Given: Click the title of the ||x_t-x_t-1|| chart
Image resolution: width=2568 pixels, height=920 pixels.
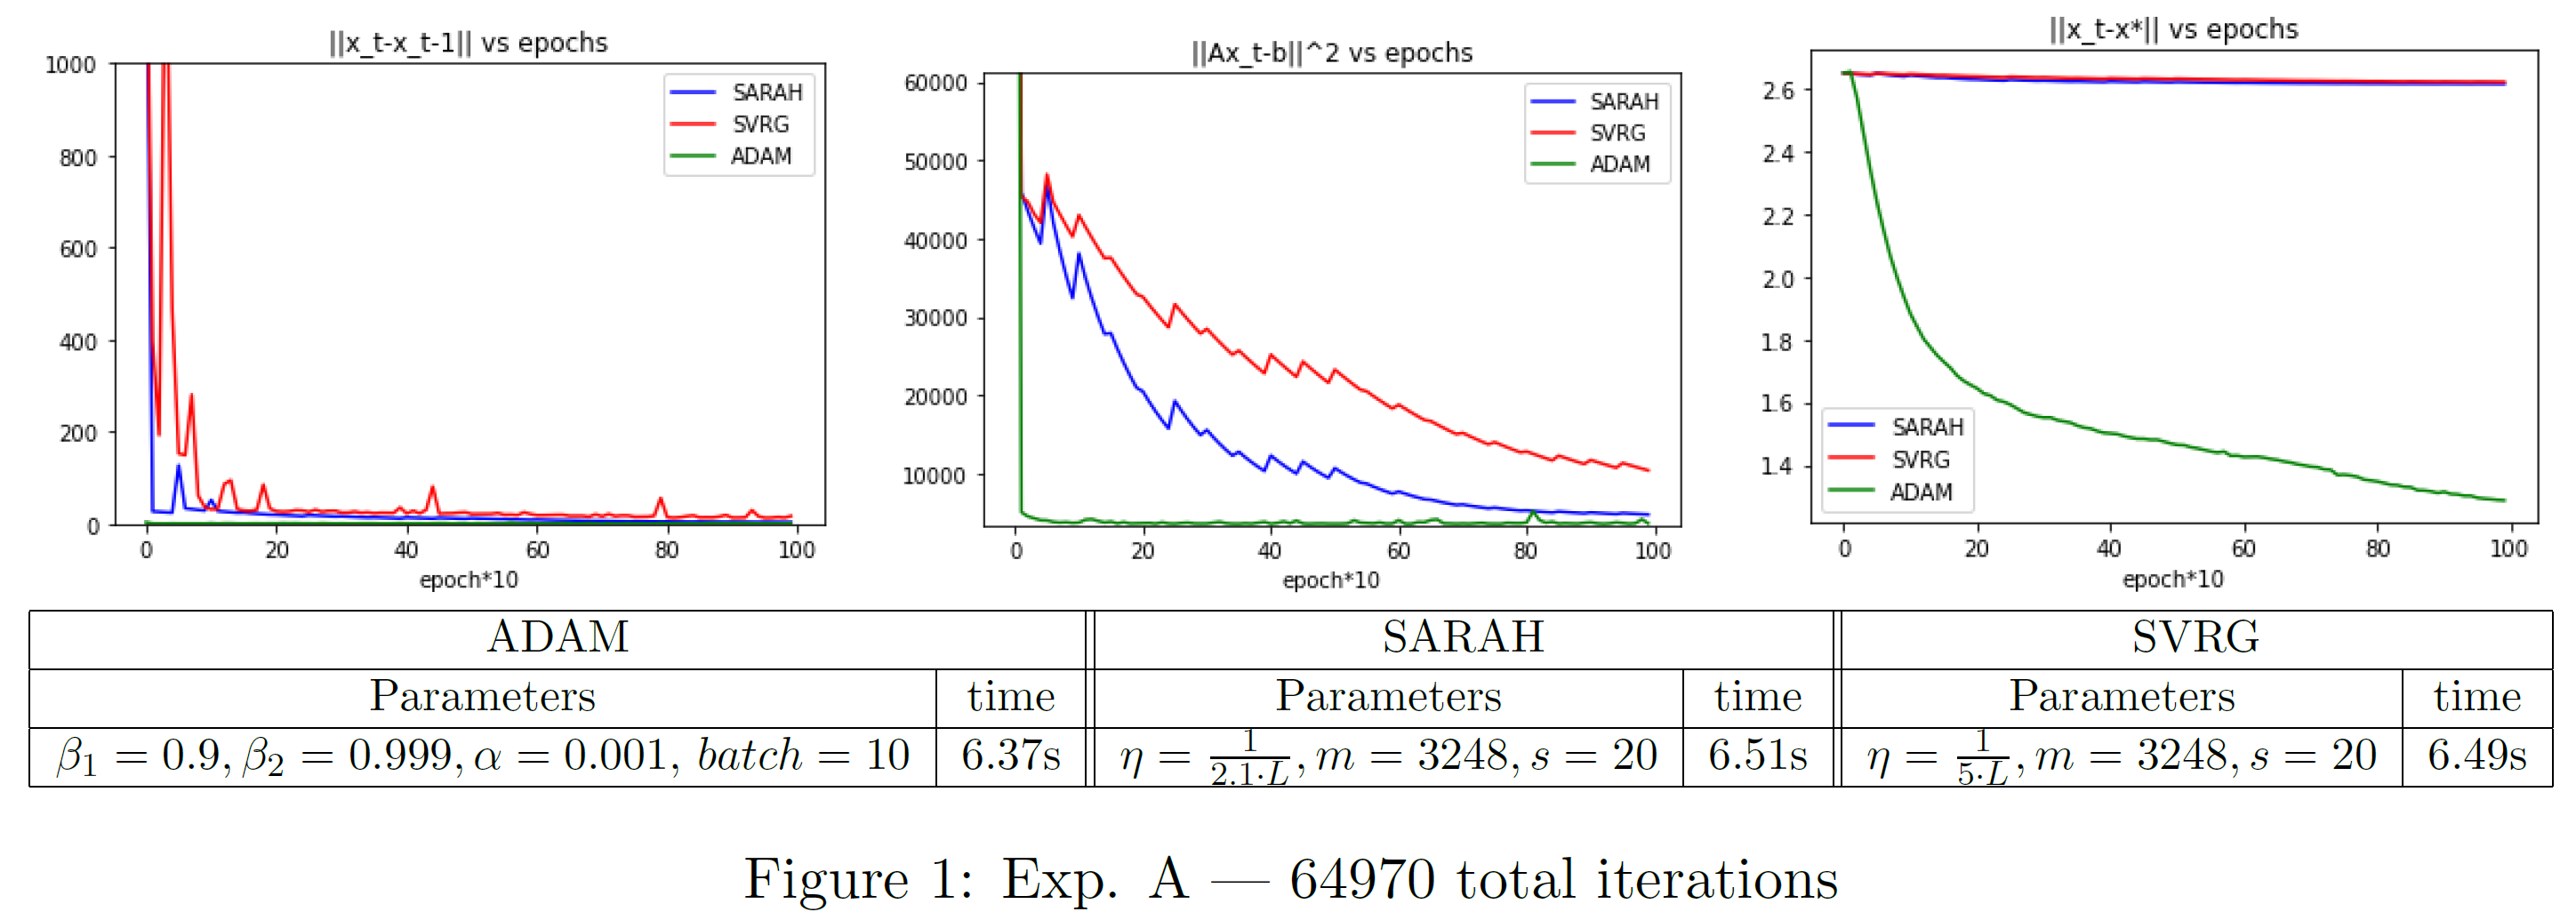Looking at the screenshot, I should pyautogui.click(x=468, y=43).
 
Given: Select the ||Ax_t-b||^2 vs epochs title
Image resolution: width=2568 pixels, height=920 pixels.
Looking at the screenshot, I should pyautogui.click(x=1332, y=52).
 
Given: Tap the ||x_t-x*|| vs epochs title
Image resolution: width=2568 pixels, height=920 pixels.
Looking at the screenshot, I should pyautogui.click(x=2173, y=29).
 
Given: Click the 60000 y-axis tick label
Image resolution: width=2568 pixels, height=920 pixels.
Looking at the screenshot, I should pyautogui.click(x=935, y=84).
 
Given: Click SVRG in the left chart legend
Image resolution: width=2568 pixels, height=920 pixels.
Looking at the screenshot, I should pyautogui.click(x=760, y=124).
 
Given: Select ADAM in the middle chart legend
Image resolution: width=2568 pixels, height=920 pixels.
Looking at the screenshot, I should pyautogui.click(x=1620, y=164).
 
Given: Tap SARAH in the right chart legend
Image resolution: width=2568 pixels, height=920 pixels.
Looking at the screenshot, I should pyautogui.click(x=1927, y=428).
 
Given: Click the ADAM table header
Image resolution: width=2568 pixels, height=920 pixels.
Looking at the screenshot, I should pyautogui.click(x=558, y=638).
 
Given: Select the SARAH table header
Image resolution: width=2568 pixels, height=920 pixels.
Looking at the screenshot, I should pyautogui.click(x=1463, y=638).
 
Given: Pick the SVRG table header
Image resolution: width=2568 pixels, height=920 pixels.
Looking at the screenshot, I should pyautogui.click(x=2195, y=638).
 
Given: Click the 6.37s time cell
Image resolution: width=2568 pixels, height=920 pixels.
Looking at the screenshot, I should pyautogui.click(x=1010, y=756).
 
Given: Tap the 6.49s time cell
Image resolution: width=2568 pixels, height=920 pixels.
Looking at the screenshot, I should pyautogui.click(x=2476, y=756).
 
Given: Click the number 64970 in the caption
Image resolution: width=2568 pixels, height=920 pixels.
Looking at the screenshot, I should pyautogui.click(x=1361, y=880).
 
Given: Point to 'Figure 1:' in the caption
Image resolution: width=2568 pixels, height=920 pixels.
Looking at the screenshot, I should pyautogui.click(x=858, y=880).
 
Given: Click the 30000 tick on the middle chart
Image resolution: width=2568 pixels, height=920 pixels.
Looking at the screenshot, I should pyautogui.click(x=935, y=319).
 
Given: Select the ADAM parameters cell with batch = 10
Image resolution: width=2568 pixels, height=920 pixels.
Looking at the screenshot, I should pyautogui.click(x=483, y=756).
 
